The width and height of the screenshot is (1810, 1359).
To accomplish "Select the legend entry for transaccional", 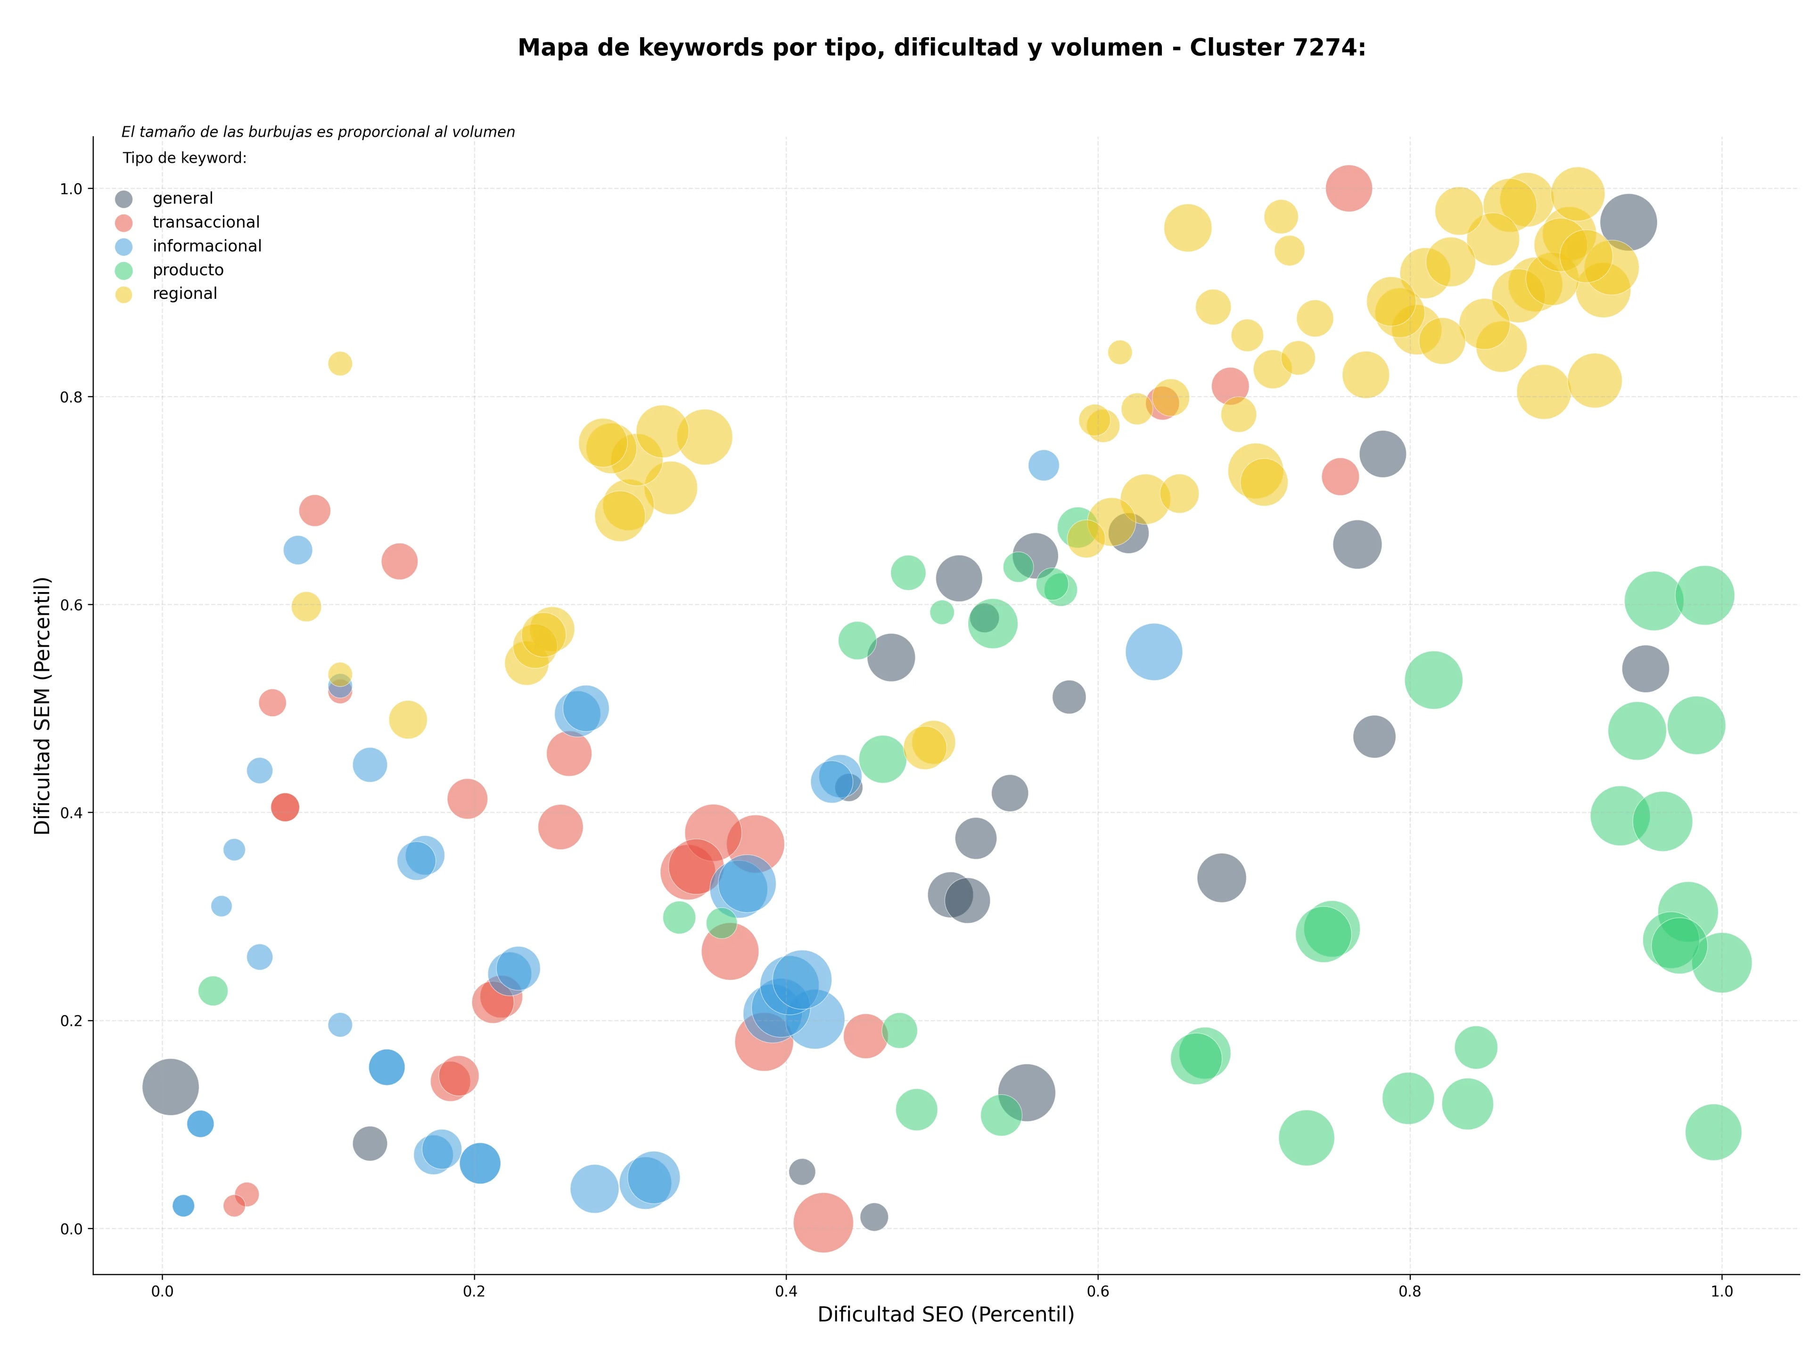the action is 188,222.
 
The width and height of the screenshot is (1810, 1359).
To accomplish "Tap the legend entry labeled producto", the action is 169,270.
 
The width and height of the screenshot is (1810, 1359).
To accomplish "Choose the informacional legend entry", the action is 188,246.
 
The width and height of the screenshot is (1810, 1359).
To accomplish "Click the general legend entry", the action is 164,199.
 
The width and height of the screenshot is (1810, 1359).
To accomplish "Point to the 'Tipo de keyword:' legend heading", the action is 185,158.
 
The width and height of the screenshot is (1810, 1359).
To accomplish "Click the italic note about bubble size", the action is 318,132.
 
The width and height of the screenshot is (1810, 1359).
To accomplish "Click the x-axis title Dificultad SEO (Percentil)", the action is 946,1314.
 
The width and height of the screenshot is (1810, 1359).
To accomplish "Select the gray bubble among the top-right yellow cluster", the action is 1629,222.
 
